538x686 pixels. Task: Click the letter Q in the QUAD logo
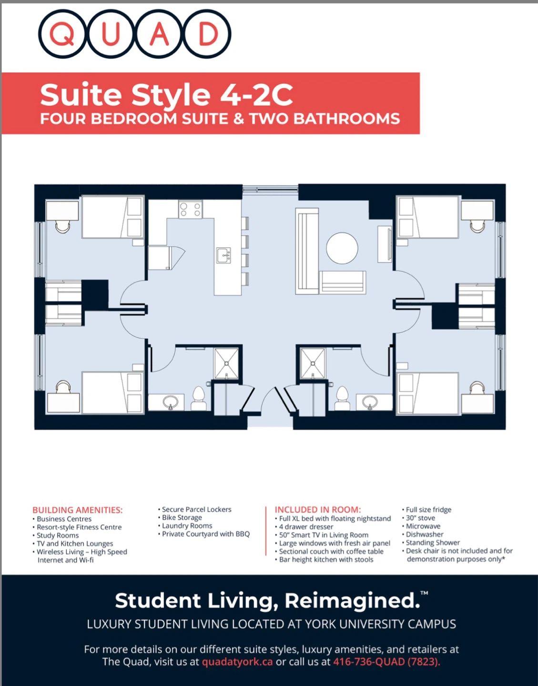62,34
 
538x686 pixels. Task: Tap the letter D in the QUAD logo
208,34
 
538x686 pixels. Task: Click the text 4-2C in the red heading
256,95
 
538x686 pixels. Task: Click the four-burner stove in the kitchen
191,209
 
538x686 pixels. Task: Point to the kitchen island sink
223,255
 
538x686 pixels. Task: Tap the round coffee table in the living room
342,248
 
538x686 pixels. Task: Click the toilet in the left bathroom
199,398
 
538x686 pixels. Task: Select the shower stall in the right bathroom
313,363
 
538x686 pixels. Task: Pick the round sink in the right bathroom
370,403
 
